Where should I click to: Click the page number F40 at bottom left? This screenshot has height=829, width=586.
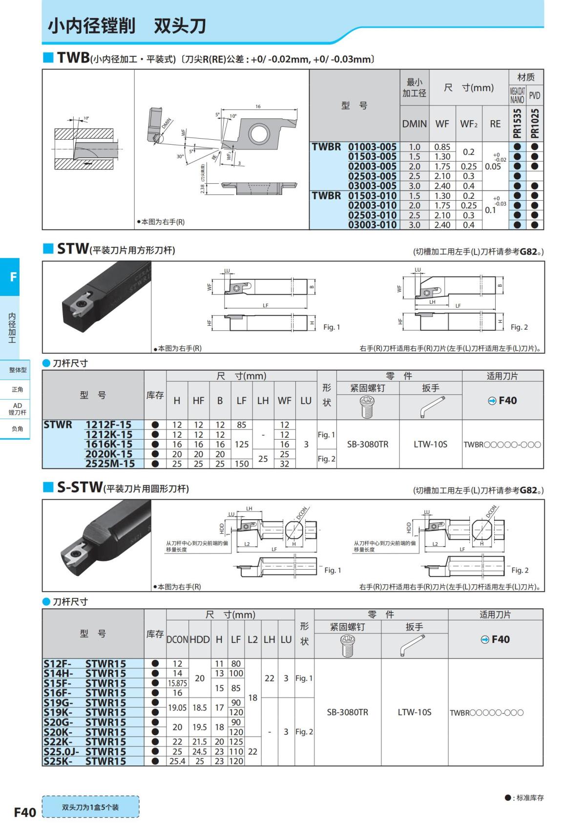(x=25, y=812)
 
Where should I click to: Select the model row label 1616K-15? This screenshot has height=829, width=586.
(x=108, y=445)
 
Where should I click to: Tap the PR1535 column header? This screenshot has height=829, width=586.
(x=517, y=124)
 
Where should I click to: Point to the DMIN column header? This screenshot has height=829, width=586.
(x=414, y=124)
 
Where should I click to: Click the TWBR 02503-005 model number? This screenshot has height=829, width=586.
(x=372, y=176)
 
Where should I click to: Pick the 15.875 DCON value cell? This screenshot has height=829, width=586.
(x=177, y=683)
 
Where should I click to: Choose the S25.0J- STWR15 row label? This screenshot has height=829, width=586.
(x=84, y=752)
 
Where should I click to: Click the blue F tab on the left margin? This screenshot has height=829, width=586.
(x=13, y=277)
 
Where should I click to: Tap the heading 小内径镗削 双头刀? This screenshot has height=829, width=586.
(x=126, y=26)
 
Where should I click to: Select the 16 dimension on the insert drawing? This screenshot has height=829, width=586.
(x=258, y=106)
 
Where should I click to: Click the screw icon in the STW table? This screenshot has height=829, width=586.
(x=367, y=407)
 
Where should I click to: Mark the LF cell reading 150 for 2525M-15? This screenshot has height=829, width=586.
(x=242, y=464)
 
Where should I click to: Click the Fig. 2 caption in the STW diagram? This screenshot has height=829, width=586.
(x=519, y=327)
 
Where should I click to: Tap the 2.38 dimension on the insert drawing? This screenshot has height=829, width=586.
(x=202, y=186)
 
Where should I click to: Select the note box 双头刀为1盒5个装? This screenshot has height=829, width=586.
(x=90, y=807)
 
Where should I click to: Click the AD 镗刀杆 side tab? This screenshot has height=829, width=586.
(x=17, y=409)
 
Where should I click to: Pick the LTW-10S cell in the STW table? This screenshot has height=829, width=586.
(x=430, y=445)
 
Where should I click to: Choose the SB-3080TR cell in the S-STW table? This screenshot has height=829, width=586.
(x=347, y=712)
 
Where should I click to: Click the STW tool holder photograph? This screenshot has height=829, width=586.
(x=97, y=306)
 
